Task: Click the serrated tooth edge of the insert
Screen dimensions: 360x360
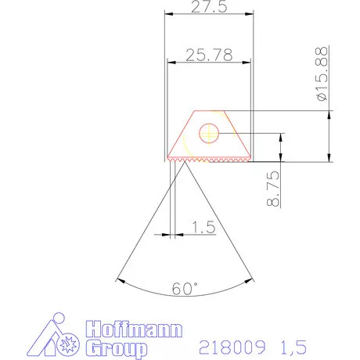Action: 208,160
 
